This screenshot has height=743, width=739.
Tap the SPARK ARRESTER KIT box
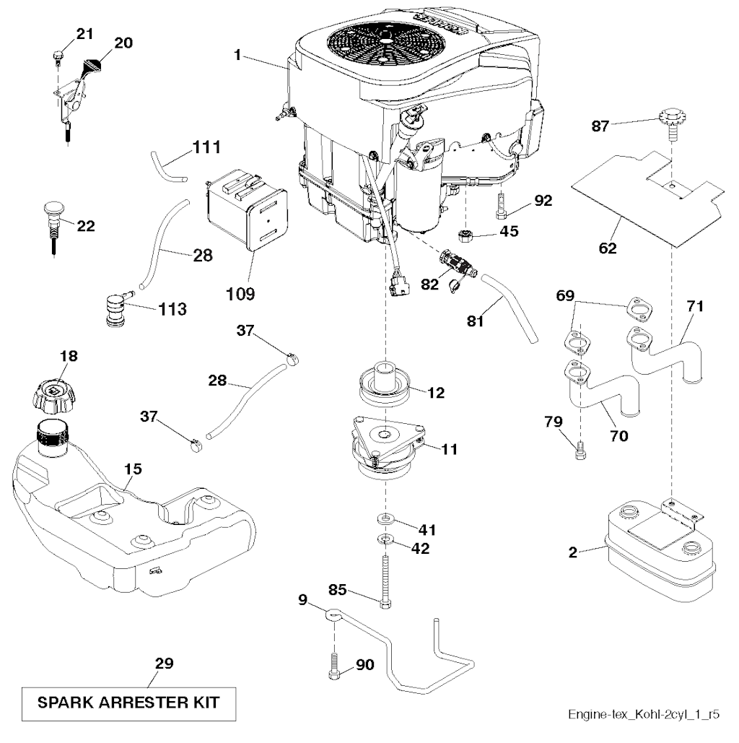click(x=128, y=701)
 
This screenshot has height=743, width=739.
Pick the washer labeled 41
click(x=385, y=519)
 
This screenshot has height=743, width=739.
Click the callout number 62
click(x=608, y=249)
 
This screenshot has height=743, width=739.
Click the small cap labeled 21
click(x=58, y=53)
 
